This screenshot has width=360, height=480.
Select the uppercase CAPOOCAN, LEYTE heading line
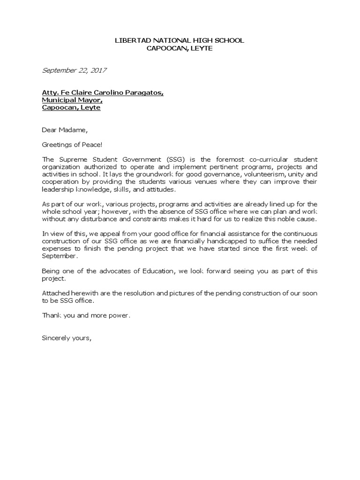pyautogui.click(x=180, y=49)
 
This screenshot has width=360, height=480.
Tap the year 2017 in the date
pyautogui.click(x=98, y=71)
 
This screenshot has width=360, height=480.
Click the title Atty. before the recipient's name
pyautogui.click(x=50, y=93)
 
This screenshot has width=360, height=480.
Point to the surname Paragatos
pyautogui.click(x=145, y=93)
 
